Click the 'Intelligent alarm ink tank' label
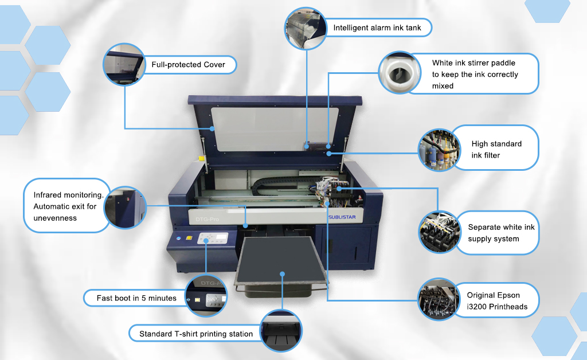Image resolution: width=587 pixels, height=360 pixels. click(377, 28)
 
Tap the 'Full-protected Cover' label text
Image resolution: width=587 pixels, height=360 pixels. click(188, 64)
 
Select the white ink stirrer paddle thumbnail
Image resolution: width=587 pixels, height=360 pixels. click(400, 73)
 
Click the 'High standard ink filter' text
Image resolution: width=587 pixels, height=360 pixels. click(496, 149)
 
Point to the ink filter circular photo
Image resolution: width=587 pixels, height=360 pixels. click(439, 150)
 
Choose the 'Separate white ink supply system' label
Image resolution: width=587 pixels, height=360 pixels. click(501, 233)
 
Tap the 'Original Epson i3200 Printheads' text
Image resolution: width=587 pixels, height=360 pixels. click(497, 301)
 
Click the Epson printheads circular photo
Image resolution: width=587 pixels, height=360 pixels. click(439, 299)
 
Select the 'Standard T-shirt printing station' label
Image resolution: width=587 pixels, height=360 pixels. click(196, 334)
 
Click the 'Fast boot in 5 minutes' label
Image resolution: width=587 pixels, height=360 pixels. click(136, 298)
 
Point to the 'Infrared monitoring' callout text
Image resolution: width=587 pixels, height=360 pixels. click(68, 206)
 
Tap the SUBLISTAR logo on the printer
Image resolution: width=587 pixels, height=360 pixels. click(342, 217)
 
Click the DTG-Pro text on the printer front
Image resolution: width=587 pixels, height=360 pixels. click(207, 220)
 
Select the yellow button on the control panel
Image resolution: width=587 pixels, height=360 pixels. click(189, 238)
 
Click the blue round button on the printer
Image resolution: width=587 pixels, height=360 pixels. click(179, 238)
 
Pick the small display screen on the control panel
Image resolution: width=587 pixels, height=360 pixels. click(222, 237)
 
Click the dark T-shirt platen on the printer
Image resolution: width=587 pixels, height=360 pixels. click(281, 260)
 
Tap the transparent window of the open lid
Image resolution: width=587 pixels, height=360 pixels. click(275, 129)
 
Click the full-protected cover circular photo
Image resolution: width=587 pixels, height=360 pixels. click(124, 64)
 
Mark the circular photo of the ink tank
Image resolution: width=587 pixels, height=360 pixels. click(306, 28)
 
